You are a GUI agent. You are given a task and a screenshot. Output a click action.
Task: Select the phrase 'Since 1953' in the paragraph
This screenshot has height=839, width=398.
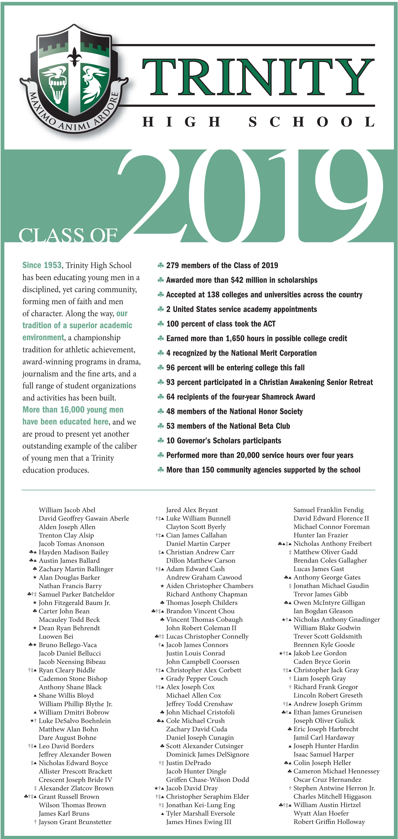[x=42, y=265]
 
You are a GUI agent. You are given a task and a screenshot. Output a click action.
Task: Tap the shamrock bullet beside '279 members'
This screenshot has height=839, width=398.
[x=160, y=265]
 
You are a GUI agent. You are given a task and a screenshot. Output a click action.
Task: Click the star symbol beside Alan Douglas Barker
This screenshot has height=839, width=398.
[x=35, y=577]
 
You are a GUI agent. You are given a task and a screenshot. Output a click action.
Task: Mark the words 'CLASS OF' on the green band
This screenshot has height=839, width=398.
[x=68, y=235]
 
